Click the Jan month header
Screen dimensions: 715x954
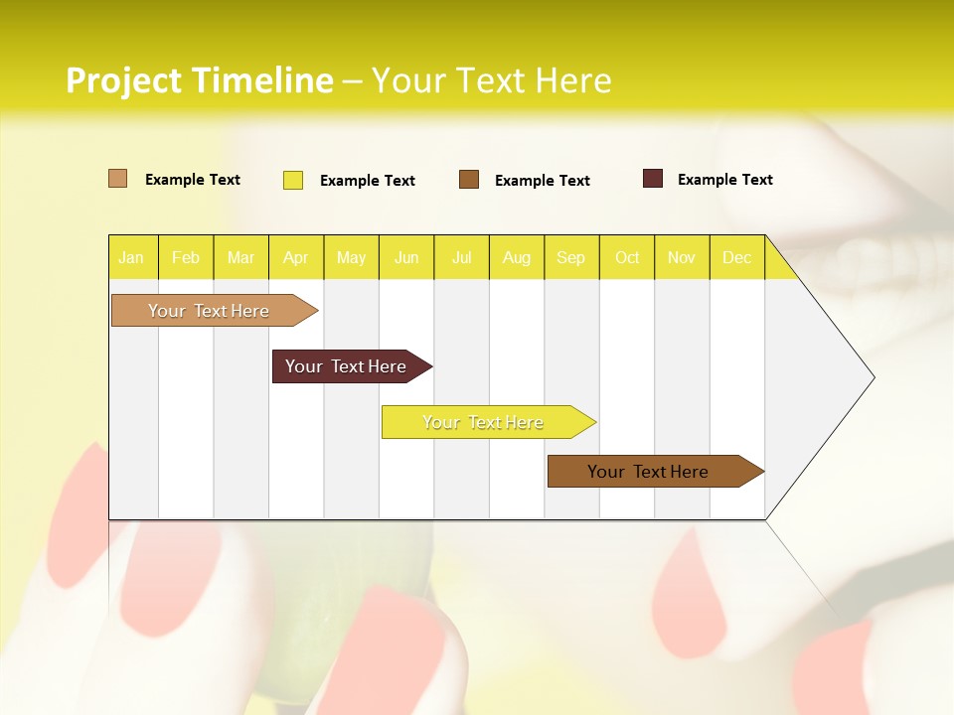131,258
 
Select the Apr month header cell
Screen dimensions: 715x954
296,258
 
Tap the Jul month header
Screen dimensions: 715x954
461,258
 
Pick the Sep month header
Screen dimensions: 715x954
571,258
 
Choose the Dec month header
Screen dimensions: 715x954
736,258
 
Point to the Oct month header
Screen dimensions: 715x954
627,258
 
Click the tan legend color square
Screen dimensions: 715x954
118,179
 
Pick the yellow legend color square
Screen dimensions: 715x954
293,180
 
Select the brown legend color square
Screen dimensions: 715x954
469,180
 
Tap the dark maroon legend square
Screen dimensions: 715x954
653,179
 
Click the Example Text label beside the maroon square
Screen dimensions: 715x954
724,180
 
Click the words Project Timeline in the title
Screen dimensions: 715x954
199,80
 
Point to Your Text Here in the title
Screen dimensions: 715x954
491,80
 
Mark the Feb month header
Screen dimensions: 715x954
186,258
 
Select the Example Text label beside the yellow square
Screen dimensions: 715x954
367,181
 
